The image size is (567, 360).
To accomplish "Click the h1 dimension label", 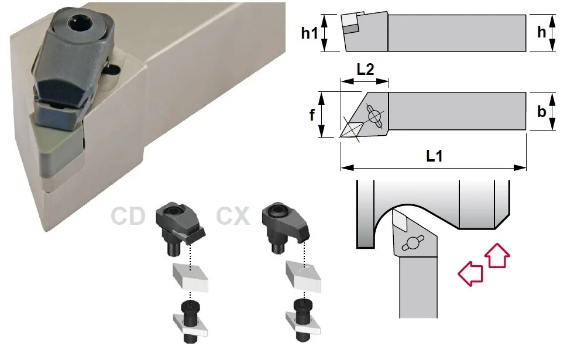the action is [309, 33].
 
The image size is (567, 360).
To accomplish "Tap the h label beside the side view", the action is [541, 32].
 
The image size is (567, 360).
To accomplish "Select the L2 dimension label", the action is [365, 69].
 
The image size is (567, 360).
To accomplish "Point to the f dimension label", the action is [312, 115].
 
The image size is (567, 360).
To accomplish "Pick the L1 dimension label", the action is [434, 156].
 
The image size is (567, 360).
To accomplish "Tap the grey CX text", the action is [233, 216].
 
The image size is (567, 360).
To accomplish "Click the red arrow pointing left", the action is [470, 273].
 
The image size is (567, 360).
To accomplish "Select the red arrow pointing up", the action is [497, 255].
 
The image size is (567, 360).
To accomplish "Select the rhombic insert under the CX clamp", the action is [303, 276].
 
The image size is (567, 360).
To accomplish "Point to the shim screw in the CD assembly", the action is [190, 321].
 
